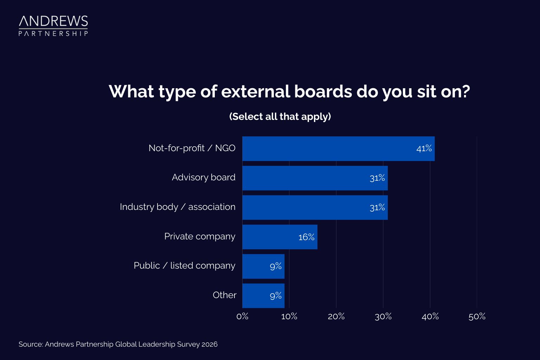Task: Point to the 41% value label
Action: tap(424, 149)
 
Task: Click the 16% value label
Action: tap(306, 237)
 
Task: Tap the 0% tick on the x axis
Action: tap(242, 316)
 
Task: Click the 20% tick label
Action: tap(336, 316)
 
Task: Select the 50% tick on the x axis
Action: tap(477, 316)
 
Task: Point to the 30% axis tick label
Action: tap(383, 316)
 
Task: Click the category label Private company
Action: tap(200, 237)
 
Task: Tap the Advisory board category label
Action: tap(204, 178)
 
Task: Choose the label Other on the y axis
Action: tap(224, 295)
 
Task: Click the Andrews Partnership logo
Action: tap(53, 26)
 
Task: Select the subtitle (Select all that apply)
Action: tap(280, 116)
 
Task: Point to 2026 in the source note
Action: tap(210, 344)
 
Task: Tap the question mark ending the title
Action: tap(465, 91)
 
